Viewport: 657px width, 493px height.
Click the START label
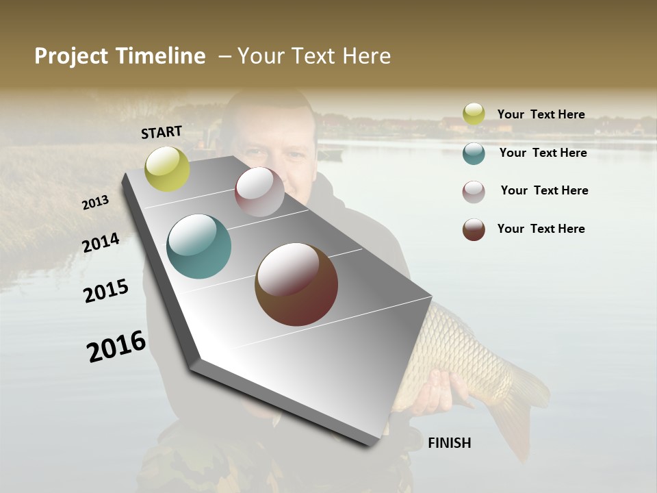[x=162, y=132]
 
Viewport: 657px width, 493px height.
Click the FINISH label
[x=449, y=443]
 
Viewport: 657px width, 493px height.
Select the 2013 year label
[x=96, y=203]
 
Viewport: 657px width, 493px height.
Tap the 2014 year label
[x=101, y=243]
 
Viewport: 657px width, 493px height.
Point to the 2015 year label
[x=106, y=291]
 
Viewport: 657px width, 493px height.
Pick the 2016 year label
[x=116, y=346]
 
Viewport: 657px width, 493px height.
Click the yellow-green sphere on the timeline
[x=167, y=168]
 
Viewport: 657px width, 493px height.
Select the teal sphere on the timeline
[x=199, y=246]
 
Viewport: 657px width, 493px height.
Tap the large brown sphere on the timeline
[x=296, y=284]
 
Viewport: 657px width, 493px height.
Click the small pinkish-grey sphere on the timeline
[x=259, y=192]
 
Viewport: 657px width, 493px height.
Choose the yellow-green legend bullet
[x=474, y=114]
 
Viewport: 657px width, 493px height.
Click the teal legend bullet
[x=474, y=153]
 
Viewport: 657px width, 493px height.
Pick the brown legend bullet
[x=474, y=229]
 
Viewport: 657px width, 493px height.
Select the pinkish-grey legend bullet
[x=474, y=192]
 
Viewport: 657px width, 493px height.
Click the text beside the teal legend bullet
[x=543, y=153]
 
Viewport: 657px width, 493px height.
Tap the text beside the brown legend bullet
[x=541, y=229]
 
